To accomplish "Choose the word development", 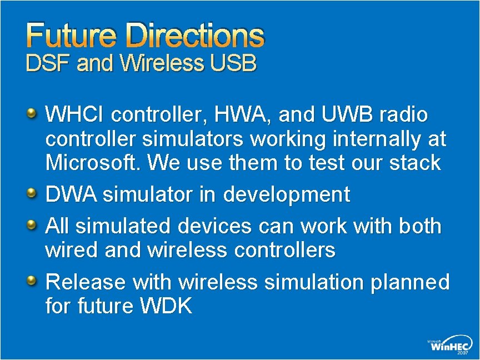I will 287,195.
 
